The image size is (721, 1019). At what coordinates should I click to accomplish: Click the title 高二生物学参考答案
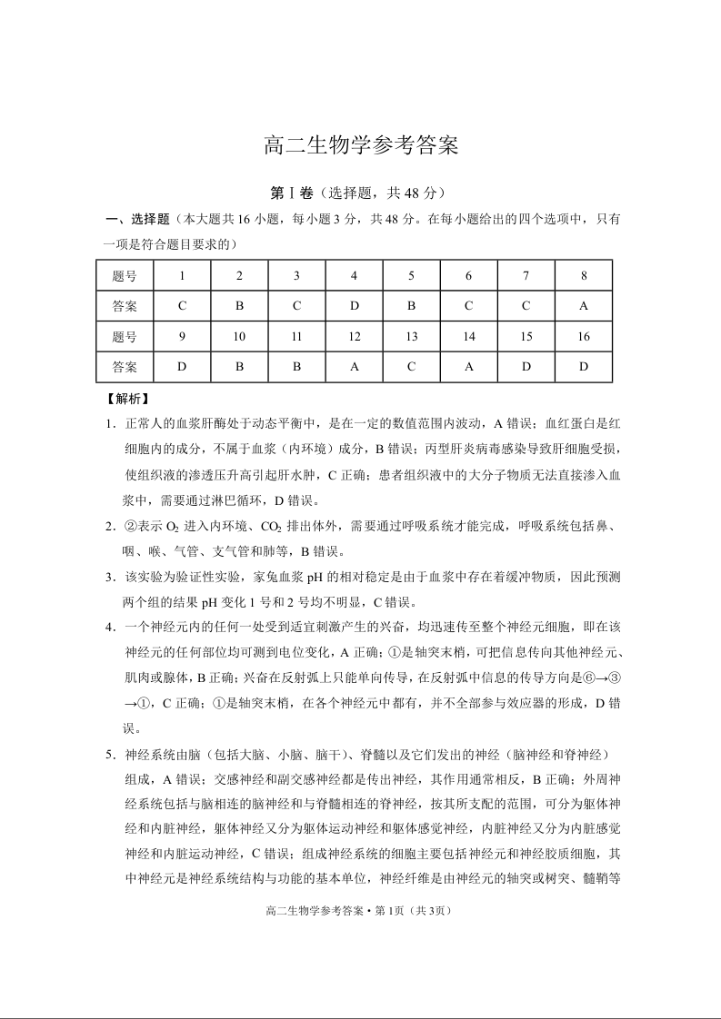pyautogui.click(x=360, y=145)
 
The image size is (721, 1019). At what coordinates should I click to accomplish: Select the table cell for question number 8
pyautogui.click(x=583, y=275)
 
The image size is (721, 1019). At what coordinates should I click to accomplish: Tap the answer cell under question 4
pyautogui.click(x=354, y=306)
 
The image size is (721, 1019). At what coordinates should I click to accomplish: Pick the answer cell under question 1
pyautogui.click(x=183, y=306)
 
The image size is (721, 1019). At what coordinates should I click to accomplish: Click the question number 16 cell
pyautogui.click(x=583, y=337)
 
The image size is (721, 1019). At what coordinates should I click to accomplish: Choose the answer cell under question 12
pyautogui.click(x=354, y=368)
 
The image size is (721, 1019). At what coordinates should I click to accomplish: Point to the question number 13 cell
pyautogui.click(x=411, y=337)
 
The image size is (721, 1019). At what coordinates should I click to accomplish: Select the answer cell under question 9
pyautogui.click(x=183, y=368)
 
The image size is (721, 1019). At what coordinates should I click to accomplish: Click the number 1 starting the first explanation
pyautogui.click(x=107, y=424)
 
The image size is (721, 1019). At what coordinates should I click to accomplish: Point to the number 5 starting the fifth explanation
pyautogui.click(x=107, y=755)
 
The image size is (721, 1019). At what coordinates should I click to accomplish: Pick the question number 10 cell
pyautogui.click(x=239, y=337)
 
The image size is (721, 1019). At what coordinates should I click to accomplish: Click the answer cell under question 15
pyautogui.click(x=526, y=368)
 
